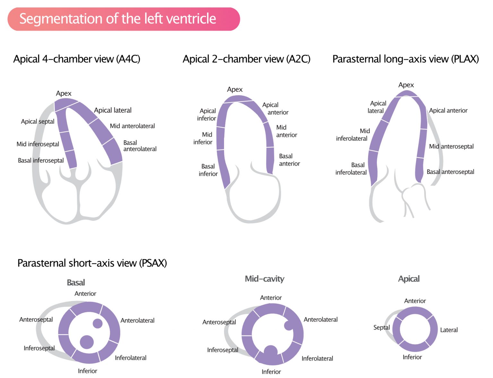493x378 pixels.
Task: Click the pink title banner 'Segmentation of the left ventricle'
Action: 123,19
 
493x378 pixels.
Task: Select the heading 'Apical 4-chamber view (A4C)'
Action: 77,59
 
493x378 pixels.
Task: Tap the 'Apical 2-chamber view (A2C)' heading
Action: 246,59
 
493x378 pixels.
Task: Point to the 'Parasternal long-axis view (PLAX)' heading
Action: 405,59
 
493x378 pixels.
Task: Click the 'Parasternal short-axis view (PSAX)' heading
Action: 92,263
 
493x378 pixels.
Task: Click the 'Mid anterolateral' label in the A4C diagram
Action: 132,126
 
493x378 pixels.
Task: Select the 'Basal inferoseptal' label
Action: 41,160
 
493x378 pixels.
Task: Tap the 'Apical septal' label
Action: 38,122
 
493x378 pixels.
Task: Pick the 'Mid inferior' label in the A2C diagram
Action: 203,138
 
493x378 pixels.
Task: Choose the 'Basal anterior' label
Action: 289,160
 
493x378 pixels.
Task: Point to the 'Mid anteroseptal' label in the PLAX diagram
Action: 451,146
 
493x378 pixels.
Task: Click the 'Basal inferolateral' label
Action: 351,169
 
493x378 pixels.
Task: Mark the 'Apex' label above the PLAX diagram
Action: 406,85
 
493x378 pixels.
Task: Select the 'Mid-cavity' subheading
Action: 264,279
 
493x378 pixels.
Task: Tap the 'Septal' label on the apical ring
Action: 381,328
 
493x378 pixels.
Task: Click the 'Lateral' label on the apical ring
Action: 449,330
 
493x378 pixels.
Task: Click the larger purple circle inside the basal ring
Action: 87,342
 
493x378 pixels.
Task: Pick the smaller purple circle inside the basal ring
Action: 98,323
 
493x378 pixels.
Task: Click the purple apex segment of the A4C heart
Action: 66,104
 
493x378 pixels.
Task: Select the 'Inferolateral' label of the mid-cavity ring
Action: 317,358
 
